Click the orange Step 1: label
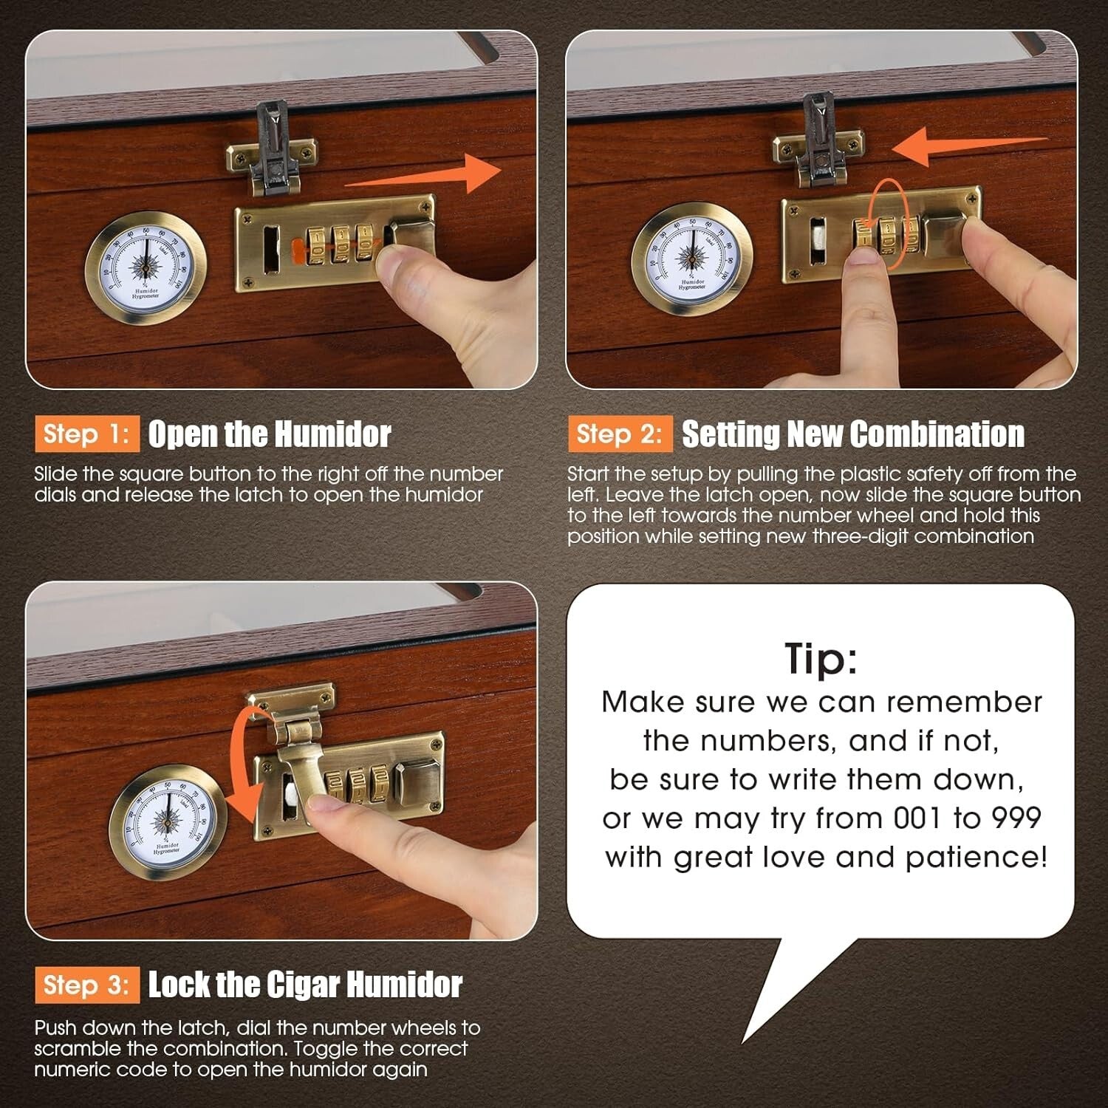(x=86, y=434)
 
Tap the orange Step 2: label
(x=620, y=434)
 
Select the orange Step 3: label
(x=86, y=985)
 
